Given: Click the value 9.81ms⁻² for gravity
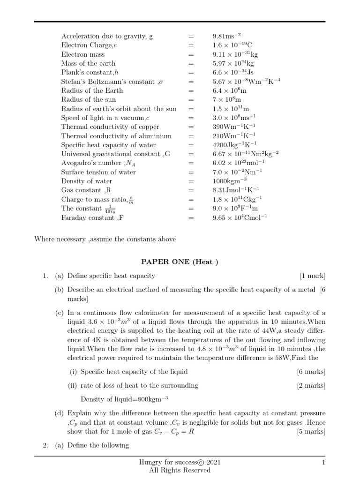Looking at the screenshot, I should click(227, 36).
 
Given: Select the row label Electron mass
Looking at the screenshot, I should click(83, 54).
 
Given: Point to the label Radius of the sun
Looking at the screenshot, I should click(89, 99).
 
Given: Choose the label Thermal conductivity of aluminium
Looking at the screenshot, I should click(116, 136).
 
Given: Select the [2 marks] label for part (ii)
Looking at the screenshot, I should click(311, 385).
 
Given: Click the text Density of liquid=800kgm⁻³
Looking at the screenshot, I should click(124, 399).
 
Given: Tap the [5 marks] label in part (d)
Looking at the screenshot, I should click(311, 431).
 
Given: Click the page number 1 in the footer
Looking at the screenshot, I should click(323, 463).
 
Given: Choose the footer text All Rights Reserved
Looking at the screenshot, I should click(180, 470).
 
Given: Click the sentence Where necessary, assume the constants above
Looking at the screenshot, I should click(105, 239).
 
